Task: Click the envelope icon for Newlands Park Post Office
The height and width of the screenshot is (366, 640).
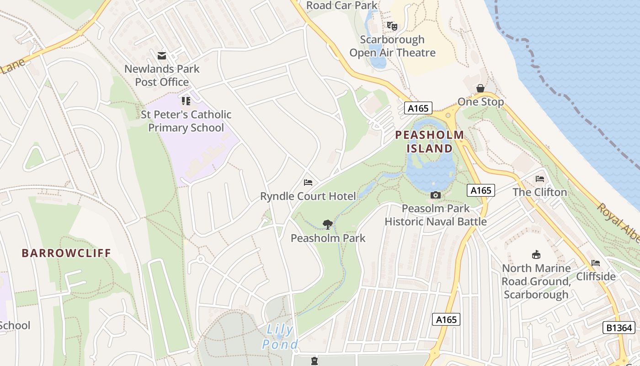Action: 162,56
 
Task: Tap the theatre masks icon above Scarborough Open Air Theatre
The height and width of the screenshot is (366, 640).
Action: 392,26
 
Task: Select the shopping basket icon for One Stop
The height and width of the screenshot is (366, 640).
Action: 480,88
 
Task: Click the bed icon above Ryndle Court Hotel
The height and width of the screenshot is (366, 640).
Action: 308,183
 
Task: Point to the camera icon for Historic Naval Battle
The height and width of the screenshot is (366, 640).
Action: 435,195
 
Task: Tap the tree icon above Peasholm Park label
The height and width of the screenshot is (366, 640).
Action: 327,224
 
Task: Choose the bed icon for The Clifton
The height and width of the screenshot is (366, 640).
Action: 540,179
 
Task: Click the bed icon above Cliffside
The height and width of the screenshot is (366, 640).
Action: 595,263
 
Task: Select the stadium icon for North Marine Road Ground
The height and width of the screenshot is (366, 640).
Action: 536,254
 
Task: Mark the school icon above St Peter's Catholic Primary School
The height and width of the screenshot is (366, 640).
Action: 186,101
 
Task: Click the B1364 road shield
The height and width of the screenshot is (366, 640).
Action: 619,328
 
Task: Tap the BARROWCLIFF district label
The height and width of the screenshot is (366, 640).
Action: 66,253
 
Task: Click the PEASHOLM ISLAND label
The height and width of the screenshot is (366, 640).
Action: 429,142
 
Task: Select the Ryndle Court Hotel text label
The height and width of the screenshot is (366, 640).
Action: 308,196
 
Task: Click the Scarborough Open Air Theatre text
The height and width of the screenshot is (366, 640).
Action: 392,46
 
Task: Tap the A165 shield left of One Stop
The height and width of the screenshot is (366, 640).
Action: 418,108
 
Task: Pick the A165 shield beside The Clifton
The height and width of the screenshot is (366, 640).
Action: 481,190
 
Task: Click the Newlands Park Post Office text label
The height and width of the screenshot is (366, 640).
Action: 162,75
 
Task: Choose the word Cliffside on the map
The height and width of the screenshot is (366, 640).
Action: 596,276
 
